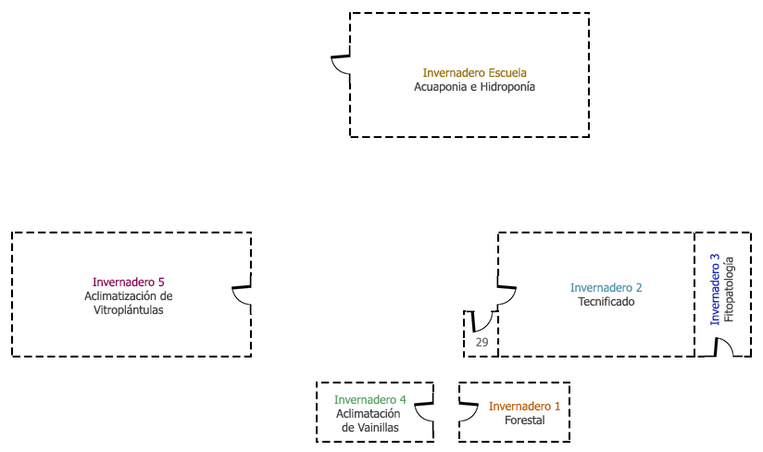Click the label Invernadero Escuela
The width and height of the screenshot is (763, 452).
(474, 72)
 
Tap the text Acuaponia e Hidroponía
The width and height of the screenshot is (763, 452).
(474, 87)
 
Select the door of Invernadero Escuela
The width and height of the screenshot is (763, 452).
(342, 67)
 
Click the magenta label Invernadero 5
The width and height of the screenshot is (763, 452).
(129, 282)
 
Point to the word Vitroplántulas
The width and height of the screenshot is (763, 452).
(129, 311)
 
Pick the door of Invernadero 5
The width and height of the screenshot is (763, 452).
(242, 295)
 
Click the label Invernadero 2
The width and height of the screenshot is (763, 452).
(607, 287)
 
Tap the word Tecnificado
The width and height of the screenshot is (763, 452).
(607, 302)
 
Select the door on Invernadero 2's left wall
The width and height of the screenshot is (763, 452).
(507, 290)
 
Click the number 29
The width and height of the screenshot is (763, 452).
(482, 343)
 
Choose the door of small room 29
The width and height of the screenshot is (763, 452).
(482, 321)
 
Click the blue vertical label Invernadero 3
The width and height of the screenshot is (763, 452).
(715, 289)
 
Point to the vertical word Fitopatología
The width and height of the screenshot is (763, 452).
(730, 289)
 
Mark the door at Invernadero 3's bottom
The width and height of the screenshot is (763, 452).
(723, 346)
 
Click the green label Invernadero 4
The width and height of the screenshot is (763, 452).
(369, 400)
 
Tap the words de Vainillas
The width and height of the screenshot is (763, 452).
(369, 428)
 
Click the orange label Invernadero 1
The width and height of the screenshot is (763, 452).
(525, 406)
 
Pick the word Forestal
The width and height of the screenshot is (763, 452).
(525, 421)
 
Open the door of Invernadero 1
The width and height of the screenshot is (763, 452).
(468, 412)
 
